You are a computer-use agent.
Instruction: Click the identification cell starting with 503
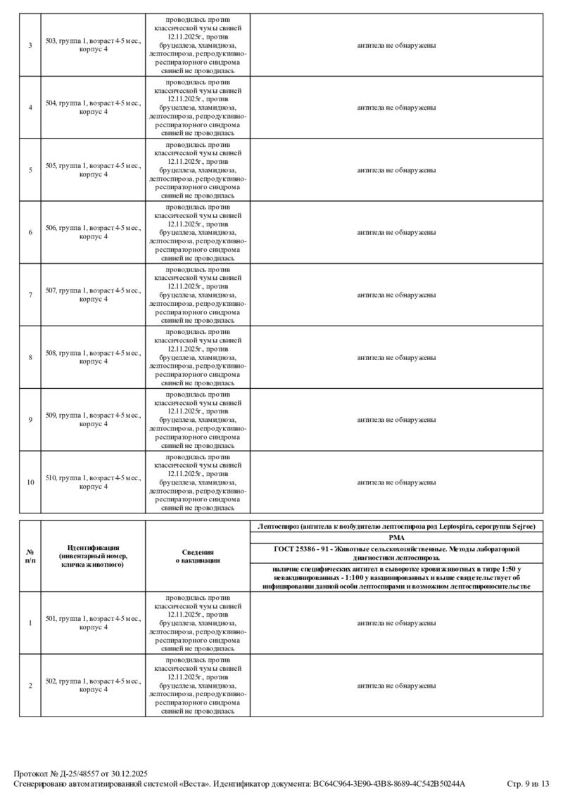93,45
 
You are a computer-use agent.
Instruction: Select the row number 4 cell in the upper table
30,108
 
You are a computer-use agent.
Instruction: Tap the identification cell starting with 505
93,170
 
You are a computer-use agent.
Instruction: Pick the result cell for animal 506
396,232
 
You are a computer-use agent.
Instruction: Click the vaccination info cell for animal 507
198,295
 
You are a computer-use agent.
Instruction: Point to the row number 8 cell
30,357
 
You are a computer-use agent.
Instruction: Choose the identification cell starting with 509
93,420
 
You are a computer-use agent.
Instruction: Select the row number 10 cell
30,482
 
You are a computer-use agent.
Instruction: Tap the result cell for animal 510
396,482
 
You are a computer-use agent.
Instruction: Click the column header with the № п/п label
30,556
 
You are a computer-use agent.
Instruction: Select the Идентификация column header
93,556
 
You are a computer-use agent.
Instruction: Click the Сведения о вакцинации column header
198,556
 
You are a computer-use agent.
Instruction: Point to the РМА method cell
396,537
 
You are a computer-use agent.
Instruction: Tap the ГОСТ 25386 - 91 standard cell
396,553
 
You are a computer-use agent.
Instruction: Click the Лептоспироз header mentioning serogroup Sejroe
396,526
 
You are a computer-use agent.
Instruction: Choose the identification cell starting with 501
93,623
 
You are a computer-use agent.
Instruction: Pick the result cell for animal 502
396,686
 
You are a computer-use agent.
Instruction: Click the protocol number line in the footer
81,773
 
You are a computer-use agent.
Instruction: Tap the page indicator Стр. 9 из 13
527,783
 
